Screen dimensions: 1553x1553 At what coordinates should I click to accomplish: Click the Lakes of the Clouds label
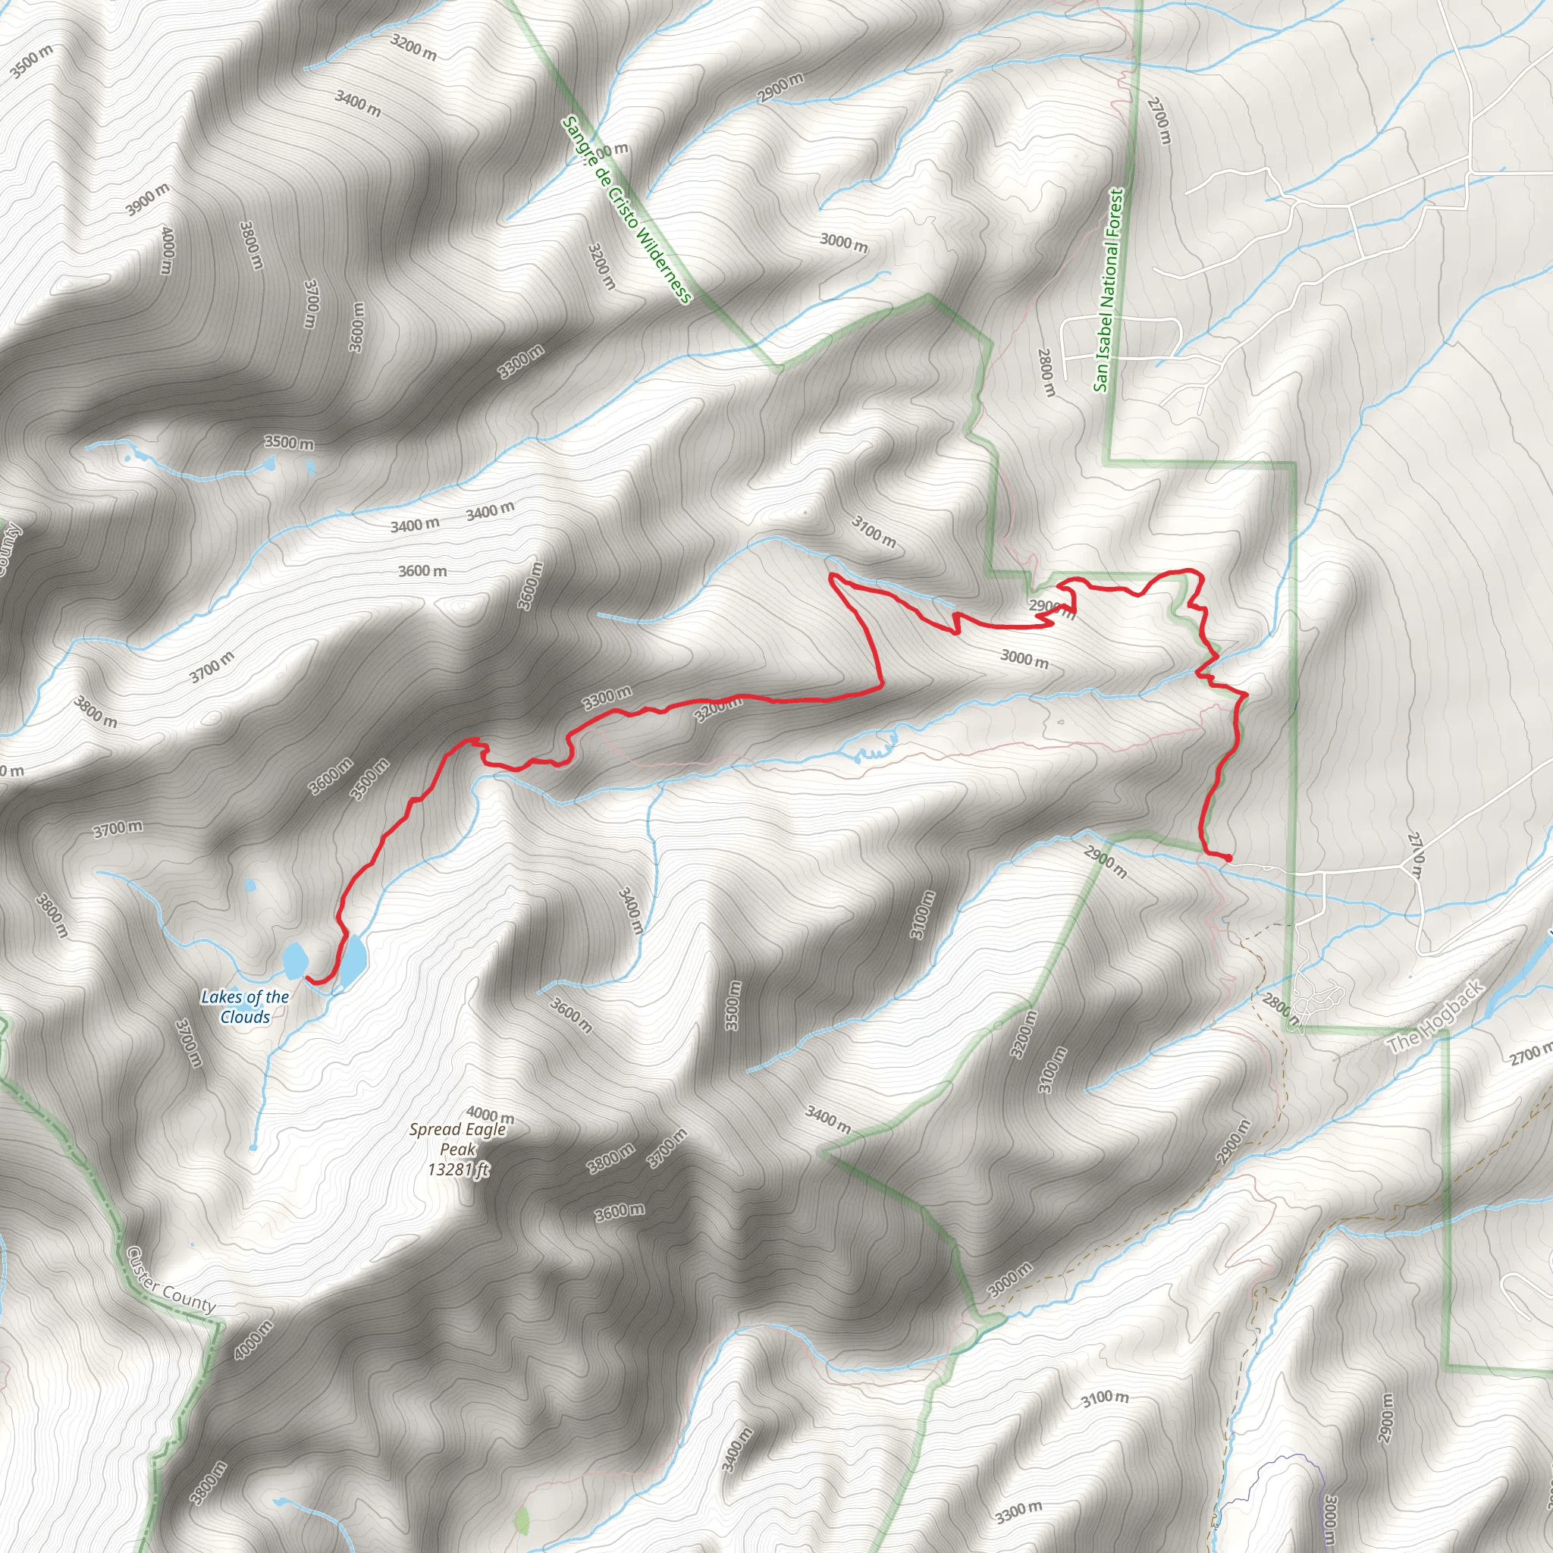pyautogui.click(x=245, y=1006)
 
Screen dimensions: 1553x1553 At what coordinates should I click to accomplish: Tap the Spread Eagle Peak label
pyautogui.click(x=457, y=1139)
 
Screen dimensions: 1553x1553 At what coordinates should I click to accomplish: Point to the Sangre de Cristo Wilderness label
pyautogui.click(x=626, y=210)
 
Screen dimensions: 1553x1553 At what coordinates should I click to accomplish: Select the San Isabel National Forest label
pyautogui.click(x=1109, y=290)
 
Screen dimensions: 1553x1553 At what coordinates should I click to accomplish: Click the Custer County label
pyautogui.click(x=171, y=1291)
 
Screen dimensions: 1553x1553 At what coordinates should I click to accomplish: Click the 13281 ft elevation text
pyautogui.click(x=458, y=1169)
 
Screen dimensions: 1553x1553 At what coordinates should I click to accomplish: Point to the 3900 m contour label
pyautogui.click(x=148, y=199)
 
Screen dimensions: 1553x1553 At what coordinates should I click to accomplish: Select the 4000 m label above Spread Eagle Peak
pyautogui.click(x=490, y=1115)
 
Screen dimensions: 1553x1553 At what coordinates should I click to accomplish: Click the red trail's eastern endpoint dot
pyautogui.click(x=1228, y=858)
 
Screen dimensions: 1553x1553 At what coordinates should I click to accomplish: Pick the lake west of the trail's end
pyautogui.click(x=295, y=958)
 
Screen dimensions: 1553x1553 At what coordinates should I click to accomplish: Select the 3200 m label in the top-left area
pyautogui.click(x=414, y=49)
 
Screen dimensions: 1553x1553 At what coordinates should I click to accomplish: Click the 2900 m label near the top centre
pyautogui.click(x=780, y=89)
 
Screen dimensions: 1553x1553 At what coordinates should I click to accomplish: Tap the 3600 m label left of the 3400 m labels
pyautogui.click(x=422, y=571)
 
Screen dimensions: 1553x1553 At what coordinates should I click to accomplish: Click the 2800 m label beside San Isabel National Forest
pyautogui.click(x=1046, y=372)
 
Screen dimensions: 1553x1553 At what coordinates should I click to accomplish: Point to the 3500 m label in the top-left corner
pyautogui.click(x=32, y=61)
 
